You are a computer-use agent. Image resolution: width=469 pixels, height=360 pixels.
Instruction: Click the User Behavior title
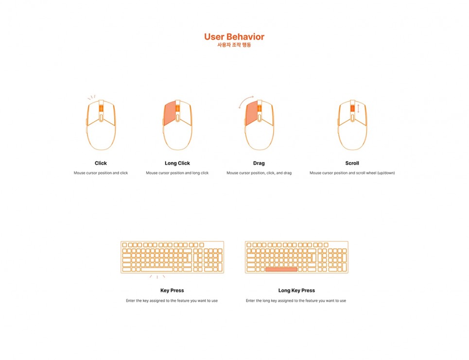tap(234, 37)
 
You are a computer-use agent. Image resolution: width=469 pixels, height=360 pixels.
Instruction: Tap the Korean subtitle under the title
tap(234, 45)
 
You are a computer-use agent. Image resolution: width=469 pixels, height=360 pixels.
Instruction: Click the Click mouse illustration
tap(101, 125)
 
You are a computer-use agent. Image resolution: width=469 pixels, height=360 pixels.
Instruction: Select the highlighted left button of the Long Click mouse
tap(170, 113)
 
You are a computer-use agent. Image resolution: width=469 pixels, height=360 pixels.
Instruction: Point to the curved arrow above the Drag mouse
tap(245, 100)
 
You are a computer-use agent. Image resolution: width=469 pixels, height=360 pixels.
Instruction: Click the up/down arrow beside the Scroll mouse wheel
tap(358, 108)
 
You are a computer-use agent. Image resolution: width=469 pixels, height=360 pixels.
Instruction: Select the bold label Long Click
tap(177, 163)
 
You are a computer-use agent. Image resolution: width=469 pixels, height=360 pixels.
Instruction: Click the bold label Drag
tap(259, 163)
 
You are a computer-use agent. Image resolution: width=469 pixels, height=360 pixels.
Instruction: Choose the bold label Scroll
tap(352, 163)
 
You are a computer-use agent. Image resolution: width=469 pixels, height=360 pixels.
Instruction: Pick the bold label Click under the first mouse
tap(101, 163)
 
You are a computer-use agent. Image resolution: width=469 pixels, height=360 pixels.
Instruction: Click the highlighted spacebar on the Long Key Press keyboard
tap(281, 270)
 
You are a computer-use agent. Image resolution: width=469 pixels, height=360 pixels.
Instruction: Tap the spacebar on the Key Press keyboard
tap(157, 270)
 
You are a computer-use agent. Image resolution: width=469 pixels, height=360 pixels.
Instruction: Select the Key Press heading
tap(172, 291)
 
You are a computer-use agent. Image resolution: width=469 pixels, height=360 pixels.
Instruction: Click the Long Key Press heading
tap(296, 291)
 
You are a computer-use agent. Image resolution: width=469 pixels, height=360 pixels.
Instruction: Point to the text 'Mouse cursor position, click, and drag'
tap(259, 173)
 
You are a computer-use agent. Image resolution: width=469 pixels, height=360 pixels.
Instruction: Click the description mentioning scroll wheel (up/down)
tap(352, 173)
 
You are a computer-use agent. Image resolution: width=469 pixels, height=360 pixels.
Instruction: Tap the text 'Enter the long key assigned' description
tap(296, 301)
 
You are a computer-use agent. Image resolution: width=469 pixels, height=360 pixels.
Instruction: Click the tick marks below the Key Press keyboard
tap(157, 277)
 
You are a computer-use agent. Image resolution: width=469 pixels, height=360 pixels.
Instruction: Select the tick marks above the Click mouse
tap(91, 97)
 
